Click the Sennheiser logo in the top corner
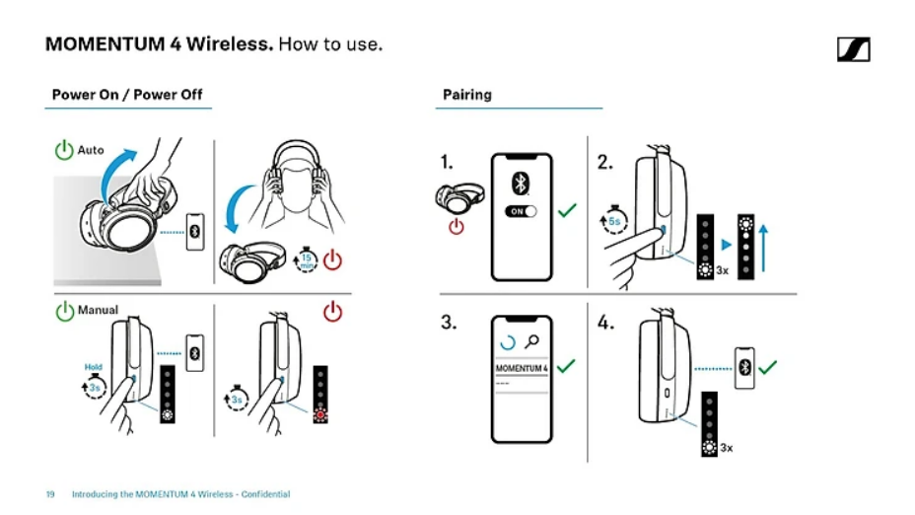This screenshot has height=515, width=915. click(853, 48)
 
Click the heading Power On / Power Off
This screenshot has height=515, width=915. click(127, 95)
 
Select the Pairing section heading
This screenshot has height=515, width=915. click(466, 95)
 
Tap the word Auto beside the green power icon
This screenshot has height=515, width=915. click(91, 150)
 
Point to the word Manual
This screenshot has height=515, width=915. click(98, 310)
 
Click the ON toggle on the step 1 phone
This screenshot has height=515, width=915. click(520, 211)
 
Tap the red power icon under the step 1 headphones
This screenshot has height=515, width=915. click(456, 227)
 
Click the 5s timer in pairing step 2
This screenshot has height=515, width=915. click(613, 222)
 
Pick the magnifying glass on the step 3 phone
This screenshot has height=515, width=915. click(533, 341)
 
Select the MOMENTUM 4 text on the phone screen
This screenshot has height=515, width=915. click(522, 369)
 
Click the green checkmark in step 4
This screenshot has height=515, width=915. click(767, 366)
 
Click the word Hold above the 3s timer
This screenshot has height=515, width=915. click(94, 367)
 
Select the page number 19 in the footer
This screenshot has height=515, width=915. click(49, 494)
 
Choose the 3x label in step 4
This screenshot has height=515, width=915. click(727, 448)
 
